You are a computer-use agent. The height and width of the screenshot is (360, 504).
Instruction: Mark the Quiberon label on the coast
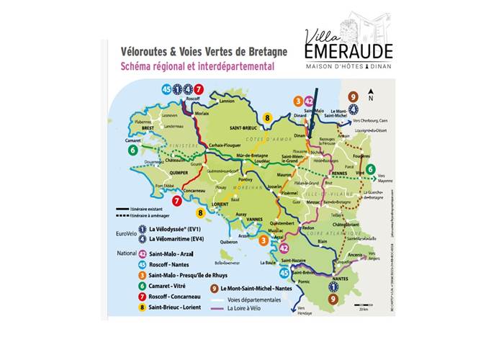pos(228,242)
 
